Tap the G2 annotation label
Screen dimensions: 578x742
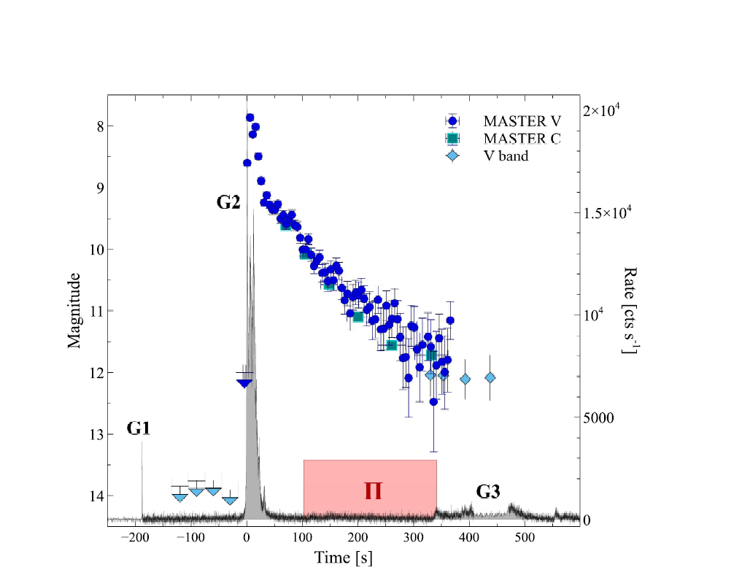click(228, 202)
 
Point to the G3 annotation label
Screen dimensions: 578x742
click(488, 491)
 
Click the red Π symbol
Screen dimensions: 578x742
click(374, 490)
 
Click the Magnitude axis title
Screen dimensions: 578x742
click(74, 310)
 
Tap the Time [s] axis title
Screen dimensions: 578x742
click(344, 558)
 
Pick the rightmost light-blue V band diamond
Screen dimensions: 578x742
click(490, 377)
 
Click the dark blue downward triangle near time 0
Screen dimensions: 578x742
click(244, 382)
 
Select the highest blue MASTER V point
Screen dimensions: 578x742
click(250, 117)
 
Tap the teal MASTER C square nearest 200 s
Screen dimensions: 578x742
click(358, 317)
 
